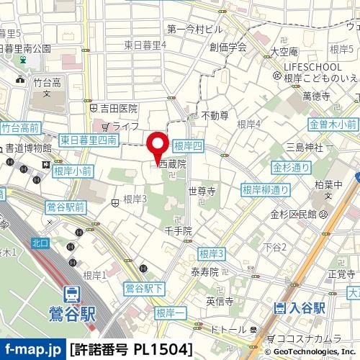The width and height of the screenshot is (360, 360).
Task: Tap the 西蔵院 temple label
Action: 172,164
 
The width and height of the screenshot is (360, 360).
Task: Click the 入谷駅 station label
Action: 305,308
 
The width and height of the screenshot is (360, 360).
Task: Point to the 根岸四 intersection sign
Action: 189,145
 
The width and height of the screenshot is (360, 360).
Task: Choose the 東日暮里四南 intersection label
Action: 89,140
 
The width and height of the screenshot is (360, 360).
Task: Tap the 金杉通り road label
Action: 291,167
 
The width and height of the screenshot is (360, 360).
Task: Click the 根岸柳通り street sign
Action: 266,190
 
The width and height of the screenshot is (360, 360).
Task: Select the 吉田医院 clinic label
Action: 119,108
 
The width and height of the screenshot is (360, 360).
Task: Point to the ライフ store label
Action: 125,126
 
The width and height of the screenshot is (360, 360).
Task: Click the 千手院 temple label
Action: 179,231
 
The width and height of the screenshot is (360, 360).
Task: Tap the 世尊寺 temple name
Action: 202,192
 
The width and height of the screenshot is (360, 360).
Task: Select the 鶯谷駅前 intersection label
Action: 66,207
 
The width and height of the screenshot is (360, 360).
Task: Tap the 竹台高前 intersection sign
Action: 19,128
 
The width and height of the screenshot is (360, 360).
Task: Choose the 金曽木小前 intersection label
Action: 333,125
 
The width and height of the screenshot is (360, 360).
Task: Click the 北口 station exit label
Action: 41,243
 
